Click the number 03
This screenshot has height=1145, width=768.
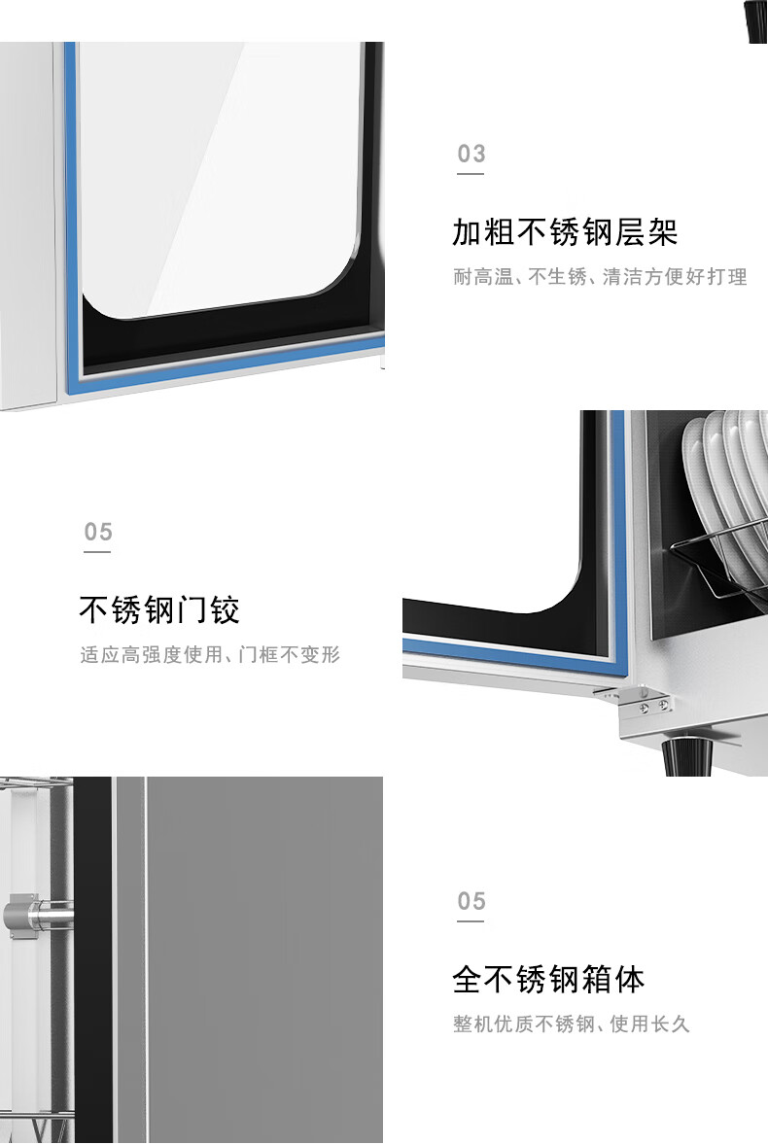(471, 154)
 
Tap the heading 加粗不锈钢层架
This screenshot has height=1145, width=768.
(564, 232)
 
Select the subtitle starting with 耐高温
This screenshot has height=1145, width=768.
(600, 277)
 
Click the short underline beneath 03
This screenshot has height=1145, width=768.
(471, 174)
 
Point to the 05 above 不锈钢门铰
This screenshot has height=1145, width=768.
(98, 531)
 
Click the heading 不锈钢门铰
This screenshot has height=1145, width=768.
(159, 609)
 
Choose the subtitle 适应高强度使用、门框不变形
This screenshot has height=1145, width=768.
(210, 654)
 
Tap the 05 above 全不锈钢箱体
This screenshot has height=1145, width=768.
(471, 901)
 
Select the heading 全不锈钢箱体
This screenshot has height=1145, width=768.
(548, 979)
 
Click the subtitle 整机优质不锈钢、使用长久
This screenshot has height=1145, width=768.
(571, 1024)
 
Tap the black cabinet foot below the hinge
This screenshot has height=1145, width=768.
(687, 756)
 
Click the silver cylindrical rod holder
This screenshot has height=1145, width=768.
(37, 914)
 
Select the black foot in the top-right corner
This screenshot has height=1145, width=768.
(756, 20)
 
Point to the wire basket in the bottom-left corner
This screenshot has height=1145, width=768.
(37, 1126)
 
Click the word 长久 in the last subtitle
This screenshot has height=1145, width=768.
(670, 1024)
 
